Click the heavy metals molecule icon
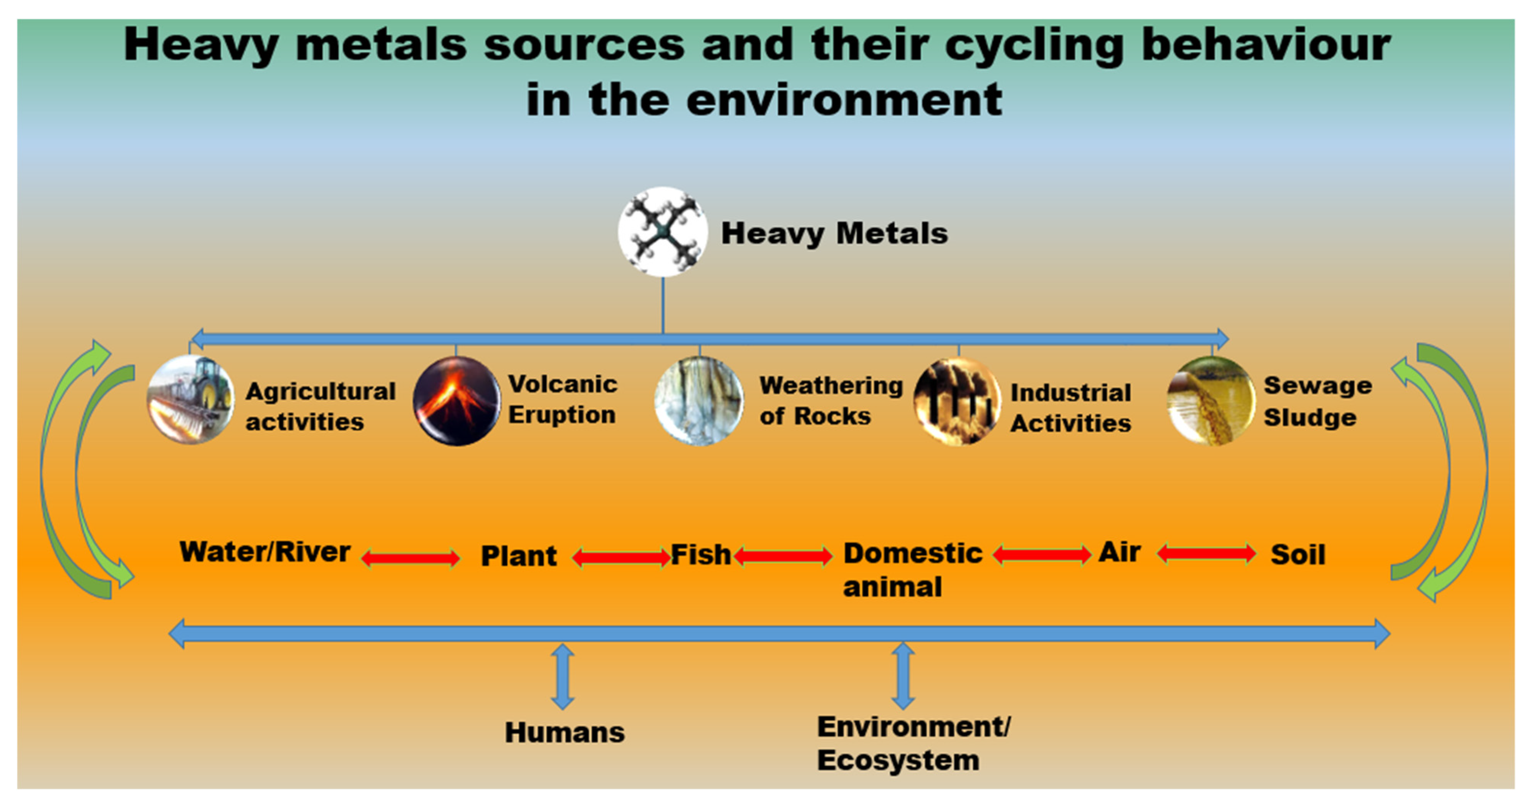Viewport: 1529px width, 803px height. click(662, 232)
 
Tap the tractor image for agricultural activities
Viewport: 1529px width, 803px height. click(190, 400)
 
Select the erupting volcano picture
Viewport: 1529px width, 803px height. click(456, 401)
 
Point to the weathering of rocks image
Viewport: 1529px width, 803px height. click(698, 401)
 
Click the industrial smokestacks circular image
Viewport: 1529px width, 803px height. click(957, 401)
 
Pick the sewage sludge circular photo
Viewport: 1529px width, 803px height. click(1211, 401)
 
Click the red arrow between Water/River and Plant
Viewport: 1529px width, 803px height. click(411, 558)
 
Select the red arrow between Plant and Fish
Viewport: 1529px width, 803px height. click(621, 557)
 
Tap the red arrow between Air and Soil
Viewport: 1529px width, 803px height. click(1206, 554)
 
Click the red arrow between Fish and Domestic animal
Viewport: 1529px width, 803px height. click(783, 556)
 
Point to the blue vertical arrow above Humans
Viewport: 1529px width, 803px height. click(562, 677)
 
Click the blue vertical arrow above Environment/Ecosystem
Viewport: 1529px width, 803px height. click(903, 676)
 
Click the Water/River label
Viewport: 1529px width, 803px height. click(265, 552)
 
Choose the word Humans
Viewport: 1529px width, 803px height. click(564, 732)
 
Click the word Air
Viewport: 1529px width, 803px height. click(1119, 552)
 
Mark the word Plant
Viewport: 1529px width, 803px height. click(518, 556)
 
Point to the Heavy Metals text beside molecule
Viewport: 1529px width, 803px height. click(834, 233)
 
